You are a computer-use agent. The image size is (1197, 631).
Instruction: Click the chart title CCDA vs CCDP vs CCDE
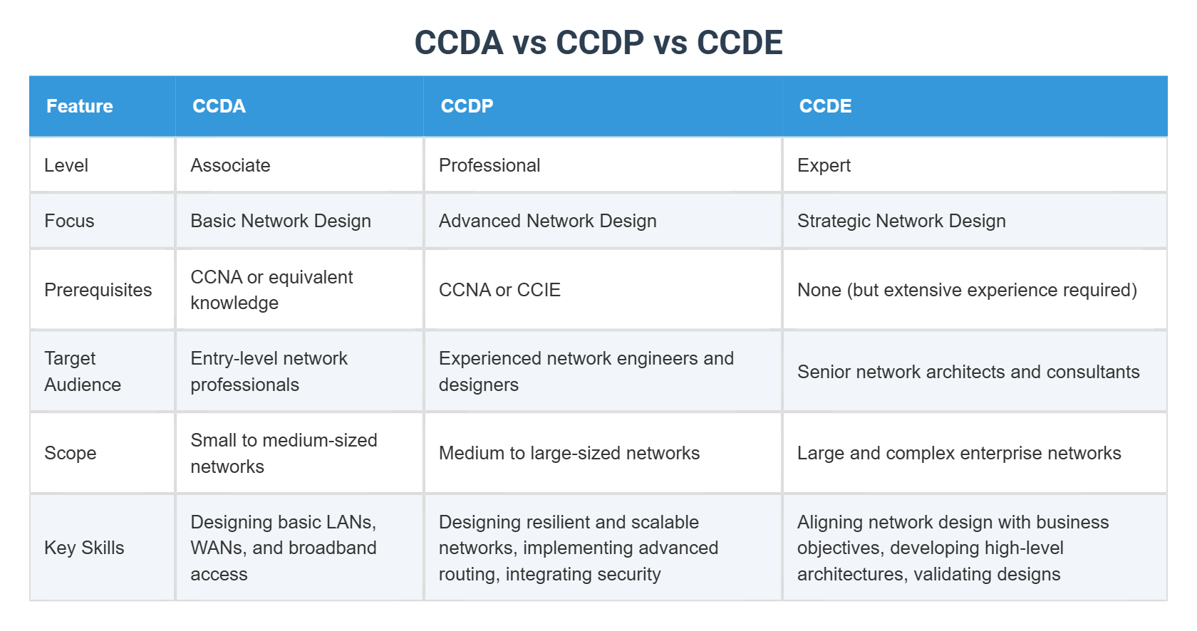click(598, 43)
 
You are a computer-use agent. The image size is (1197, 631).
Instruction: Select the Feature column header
click(80, 106)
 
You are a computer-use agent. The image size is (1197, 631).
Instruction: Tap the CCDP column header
click(467, 106)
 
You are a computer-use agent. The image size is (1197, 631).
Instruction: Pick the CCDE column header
click(825, 106)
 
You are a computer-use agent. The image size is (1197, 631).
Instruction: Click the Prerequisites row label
click(98, 290)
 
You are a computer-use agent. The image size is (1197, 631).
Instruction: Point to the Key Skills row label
click(84, 548)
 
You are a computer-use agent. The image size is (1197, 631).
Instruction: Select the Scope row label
click(71, 453)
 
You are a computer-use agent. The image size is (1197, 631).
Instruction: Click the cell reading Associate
click(230, 165)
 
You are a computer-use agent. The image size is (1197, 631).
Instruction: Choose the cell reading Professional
click(489, 165)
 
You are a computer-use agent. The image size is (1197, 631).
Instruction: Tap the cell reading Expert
click(824, 165)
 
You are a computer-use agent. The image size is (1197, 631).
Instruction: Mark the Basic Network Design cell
click(281, 221)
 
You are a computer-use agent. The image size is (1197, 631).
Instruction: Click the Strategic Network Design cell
click(901, 221)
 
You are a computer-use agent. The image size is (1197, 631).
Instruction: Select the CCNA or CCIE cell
click(499, 290)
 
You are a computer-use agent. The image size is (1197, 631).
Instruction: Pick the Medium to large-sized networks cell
click(569, 453)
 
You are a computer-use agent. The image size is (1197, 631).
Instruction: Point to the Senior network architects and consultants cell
click(968, 372)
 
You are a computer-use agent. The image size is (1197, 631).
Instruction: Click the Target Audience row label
click(82, 371)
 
